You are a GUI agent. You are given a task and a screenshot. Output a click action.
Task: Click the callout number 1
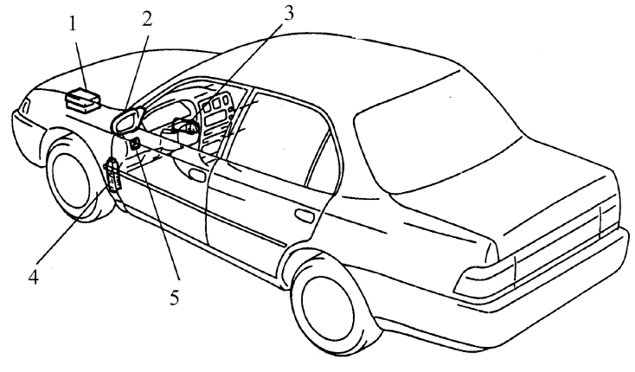(x=74, y=24)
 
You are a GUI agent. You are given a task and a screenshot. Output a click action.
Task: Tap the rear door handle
(x=304, y=214)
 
